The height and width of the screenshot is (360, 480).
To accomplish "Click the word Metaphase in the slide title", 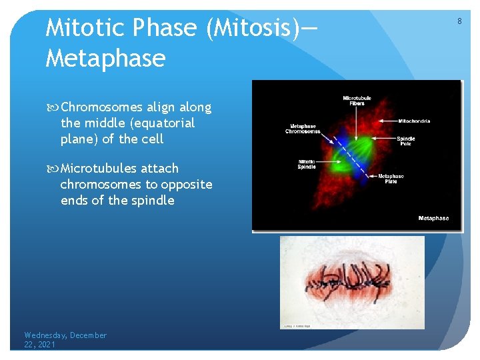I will point(105,59).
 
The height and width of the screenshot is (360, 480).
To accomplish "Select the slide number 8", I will point(459,21).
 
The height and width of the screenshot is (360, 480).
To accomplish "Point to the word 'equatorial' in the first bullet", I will point(165,123).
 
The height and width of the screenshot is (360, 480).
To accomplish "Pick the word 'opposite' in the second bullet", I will point(188,185).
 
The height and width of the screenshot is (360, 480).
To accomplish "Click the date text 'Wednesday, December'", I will point(65,335).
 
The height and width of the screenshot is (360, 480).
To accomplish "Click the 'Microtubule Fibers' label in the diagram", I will point(357,101).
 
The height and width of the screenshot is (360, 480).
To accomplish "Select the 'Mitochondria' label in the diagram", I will point(414,121).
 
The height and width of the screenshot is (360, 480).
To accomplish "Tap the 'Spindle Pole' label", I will point(406,141).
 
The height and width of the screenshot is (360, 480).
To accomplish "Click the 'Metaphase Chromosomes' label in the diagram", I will point(304,129).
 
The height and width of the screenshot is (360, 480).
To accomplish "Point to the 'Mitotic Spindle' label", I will point(307,164).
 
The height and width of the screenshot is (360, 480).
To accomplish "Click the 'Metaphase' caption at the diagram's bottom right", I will point(433,219).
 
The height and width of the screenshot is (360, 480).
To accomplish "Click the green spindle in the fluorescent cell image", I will point(350,150).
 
